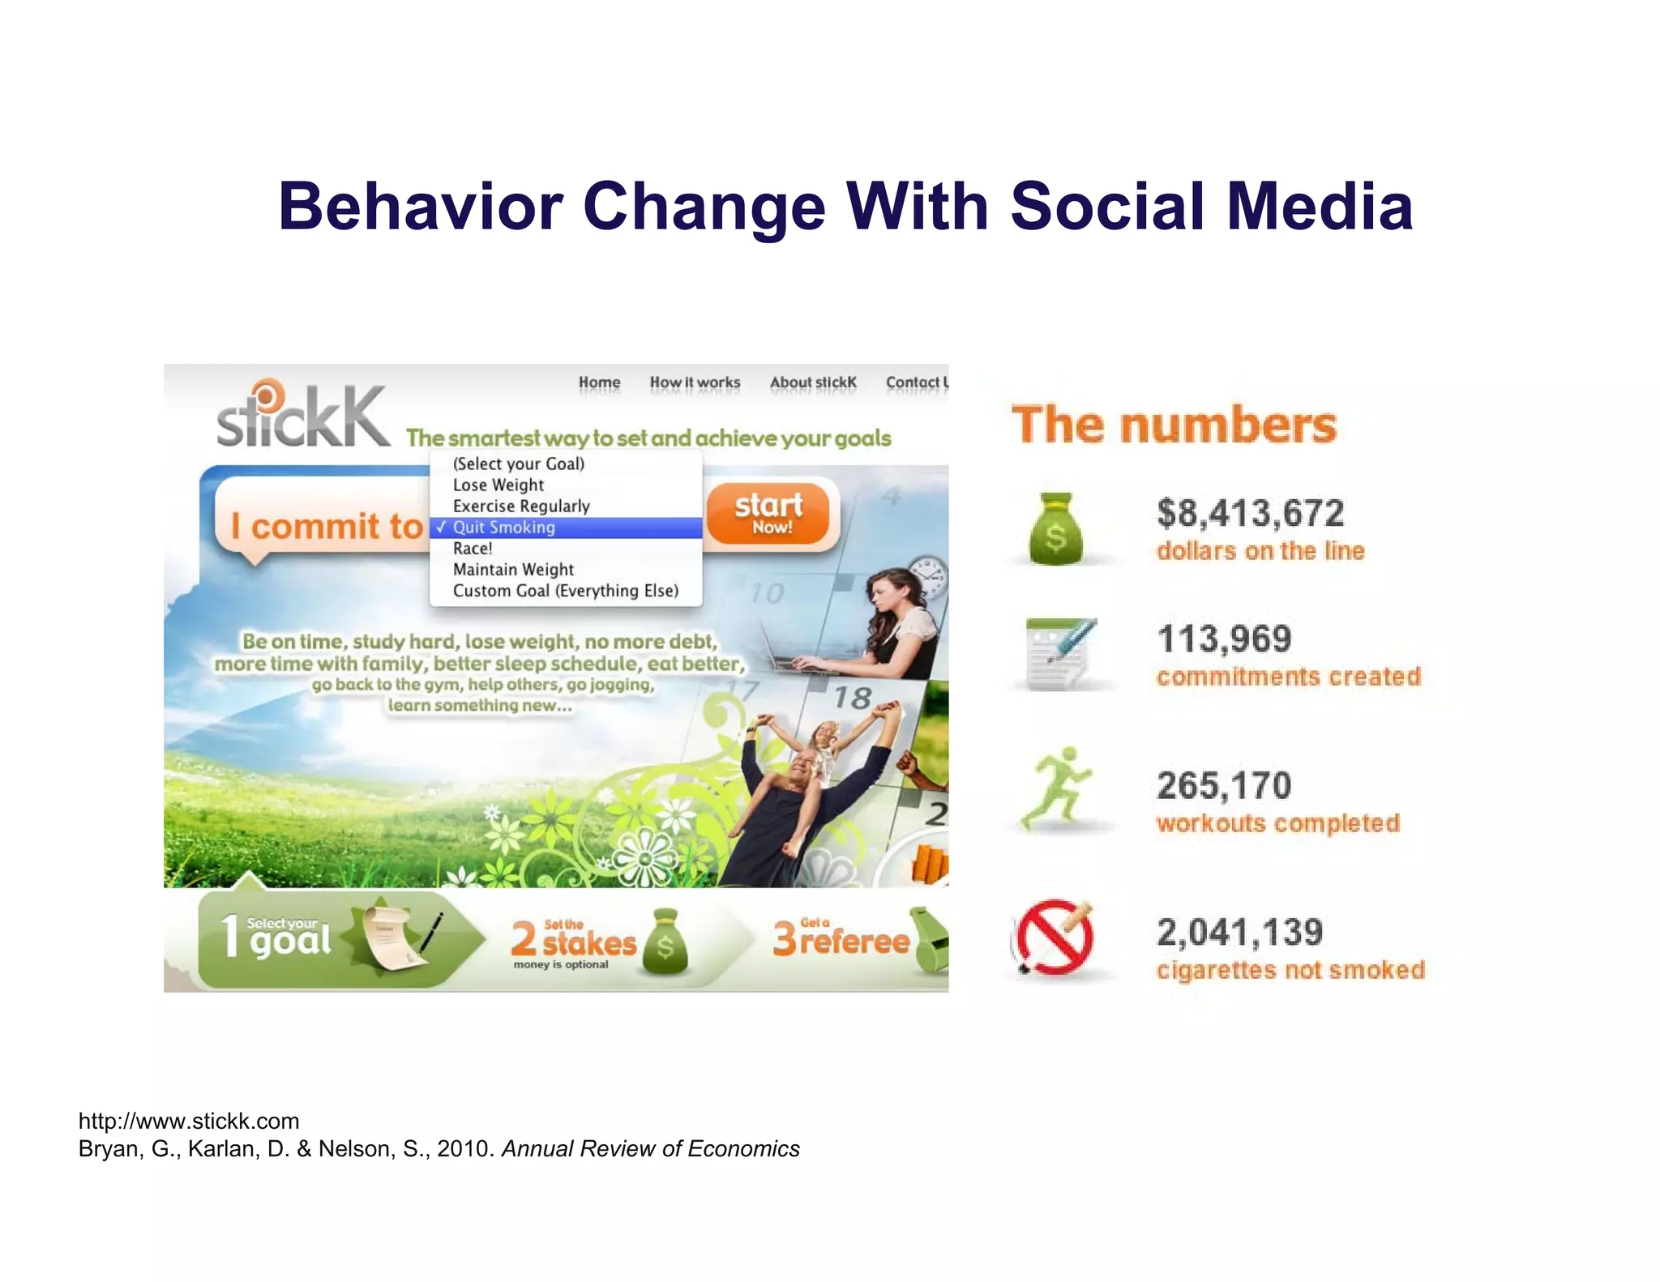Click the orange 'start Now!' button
pos(768,513)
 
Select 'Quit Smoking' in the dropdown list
pos(503,528)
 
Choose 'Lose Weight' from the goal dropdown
pos(498,485)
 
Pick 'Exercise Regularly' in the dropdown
pos(520,506)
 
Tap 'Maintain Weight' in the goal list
pos(512,570)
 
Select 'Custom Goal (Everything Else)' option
pos(565,591)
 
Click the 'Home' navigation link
pos(599,382)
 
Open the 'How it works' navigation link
pos(695,382)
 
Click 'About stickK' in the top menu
pos(813,382)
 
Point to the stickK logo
pos(302,415)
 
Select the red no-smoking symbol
pos(1054,937)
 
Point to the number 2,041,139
pos(1239,932)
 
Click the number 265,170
pos(1224,785)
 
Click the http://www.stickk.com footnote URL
pos(189,1121)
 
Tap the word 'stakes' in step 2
pos(589,943)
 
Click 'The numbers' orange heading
pos(1174,425)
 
